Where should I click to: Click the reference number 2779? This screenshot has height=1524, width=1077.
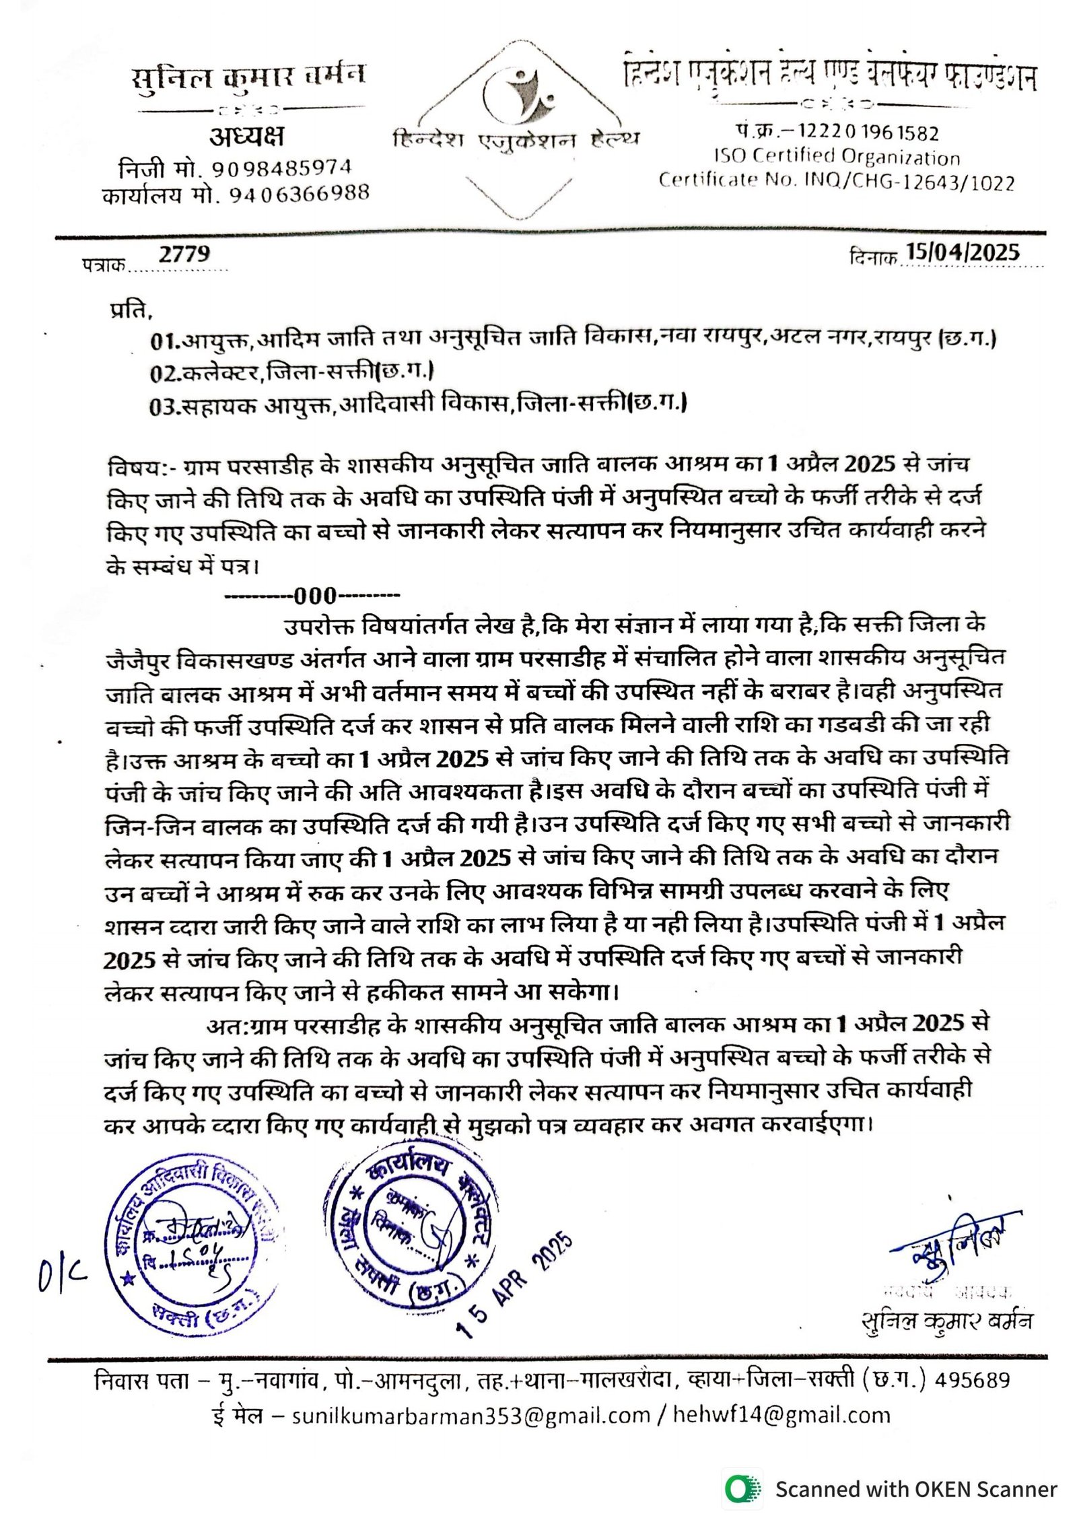[184, 254]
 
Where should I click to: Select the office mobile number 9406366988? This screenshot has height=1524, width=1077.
[300, 195]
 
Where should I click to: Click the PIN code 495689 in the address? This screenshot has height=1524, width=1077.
[972, 1381]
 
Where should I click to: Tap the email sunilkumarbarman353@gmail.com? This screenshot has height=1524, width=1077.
[471, 1416]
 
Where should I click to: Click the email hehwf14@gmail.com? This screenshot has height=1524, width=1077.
[781, 1416]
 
